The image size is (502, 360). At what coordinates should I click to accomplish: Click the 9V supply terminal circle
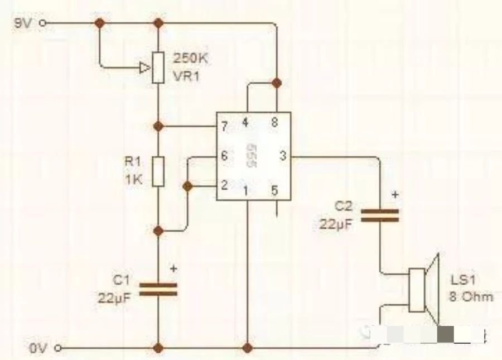click(43, 23)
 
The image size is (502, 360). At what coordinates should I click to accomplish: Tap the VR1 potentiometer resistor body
click(158, 68)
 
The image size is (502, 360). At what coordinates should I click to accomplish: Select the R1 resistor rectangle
click(158, 171)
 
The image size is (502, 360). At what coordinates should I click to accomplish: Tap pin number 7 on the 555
click(224, 127)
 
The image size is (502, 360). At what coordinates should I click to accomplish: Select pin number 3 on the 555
click(282, 156)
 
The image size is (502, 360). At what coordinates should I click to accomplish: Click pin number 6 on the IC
click(224, 156)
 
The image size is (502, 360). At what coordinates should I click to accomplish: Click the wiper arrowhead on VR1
click(144, 68)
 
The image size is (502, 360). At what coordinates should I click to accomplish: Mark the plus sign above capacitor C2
click(395, 195)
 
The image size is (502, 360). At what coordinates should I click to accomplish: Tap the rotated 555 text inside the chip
click(252, 157)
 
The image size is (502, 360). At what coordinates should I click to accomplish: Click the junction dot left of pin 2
click(189, 186)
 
